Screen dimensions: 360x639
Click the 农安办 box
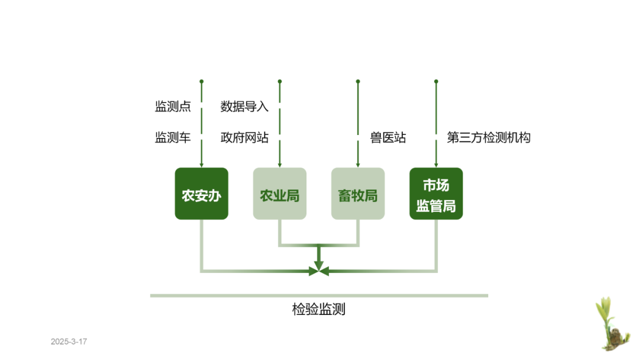point(201,194)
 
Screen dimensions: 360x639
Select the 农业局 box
point(279,194)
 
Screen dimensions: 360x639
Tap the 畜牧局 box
point(357,194)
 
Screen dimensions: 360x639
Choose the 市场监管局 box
point(436,194)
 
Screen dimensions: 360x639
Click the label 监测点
point(173,107)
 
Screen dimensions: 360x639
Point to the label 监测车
point(173,138)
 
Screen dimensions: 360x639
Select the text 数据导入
point(244,107)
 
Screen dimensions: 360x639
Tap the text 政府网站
point(244,138)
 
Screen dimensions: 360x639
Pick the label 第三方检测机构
point(489,138)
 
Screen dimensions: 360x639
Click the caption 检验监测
point(318,309)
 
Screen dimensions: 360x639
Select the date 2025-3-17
point(69,342)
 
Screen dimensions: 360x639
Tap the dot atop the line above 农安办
point(201,81)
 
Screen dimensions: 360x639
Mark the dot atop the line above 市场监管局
point(436,81)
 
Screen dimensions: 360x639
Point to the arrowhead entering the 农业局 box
point(279,165)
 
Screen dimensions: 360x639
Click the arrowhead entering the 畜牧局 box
point(357,165)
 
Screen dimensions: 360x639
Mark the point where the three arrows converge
point(318,271)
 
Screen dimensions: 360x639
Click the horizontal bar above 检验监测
point(318,295)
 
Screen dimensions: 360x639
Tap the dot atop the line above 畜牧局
point(357,81)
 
